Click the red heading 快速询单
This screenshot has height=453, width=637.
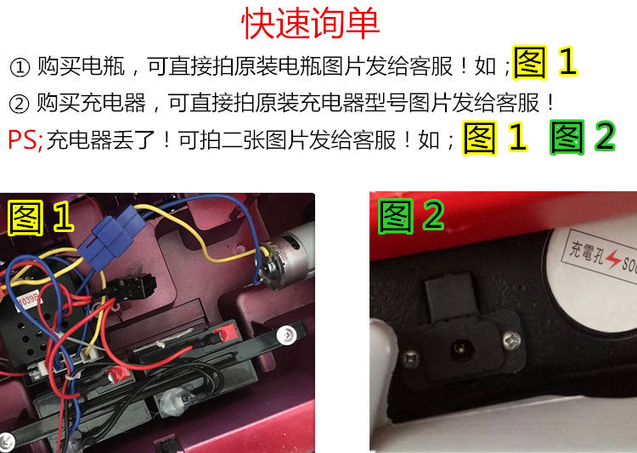coord(311,23)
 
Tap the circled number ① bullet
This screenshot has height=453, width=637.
coord(20,67)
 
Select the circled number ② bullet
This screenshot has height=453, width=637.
coord(19,104)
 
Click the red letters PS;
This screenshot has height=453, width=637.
coord(25,140)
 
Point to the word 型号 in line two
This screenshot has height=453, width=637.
coord(386,103)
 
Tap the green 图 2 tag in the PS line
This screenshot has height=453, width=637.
coord(583,137)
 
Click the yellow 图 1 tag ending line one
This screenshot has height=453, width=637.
coord(545,62)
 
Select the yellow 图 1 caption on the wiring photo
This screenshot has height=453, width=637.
coord(41,218)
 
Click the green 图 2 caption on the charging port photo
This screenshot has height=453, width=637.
coord(411,216)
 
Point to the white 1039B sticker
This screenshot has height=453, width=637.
coord(28,301)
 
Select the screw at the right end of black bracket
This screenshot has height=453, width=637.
coord(285,335)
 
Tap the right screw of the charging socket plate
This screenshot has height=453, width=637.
coord(511,340)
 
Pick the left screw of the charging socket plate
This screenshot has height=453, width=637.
coord(410,359)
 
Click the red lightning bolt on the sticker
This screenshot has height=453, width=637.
coord(613,258)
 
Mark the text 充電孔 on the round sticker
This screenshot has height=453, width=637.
coord(587,252)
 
